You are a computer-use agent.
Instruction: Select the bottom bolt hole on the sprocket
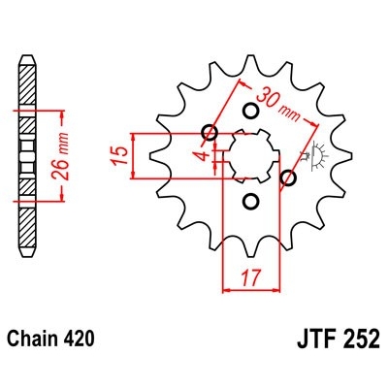pos(249,202)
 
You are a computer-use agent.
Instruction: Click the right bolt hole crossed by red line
pos(287,178)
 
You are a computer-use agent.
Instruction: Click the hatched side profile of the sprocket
pos(26,155)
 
